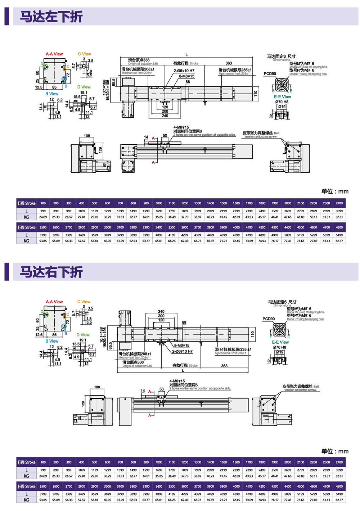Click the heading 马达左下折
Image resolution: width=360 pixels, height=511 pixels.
tap(51, 17)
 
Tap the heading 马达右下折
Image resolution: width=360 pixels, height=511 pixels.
tap(51, 272)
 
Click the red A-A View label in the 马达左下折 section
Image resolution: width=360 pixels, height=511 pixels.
tap(54, 54)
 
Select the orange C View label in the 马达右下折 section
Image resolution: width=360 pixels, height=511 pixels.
tap(84, 302)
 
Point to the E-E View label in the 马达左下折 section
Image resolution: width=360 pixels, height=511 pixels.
tap(282, 97)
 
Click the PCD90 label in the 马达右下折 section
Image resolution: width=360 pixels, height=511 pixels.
tap(269, 319)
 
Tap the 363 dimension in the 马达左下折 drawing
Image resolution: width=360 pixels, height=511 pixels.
tap(229, 63)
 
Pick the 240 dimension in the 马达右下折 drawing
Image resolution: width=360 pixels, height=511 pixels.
tap(161, 312)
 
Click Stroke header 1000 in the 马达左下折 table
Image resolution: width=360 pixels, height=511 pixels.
tap(159, 203)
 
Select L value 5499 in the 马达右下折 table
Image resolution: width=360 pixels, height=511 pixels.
tap(339, 494)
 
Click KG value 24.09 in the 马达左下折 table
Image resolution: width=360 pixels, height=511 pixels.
tap(43, 217)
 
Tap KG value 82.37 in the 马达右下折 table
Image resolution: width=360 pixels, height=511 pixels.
tap(339, 500)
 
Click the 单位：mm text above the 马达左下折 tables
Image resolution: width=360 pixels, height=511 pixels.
tap(335, 191)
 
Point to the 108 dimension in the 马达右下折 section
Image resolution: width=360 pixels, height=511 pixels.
tap(97, 387)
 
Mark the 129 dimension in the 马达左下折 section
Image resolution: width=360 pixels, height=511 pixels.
tap(100, 149)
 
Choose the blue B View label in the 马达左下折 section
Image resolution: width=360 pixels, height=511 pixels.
tap(52, 94)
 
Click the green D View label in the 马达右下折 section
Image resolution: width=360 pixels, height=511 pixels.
tap(83, 335)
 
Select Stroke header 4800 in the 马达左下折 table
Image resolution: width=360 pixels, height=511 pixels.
tap(339, 227)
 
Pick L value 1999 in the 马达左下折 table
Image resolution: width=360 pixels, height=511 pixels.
tap(198, 211)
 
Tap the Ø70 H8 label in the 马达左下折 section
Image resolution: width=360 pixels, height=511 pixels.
tap(282, 102)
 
